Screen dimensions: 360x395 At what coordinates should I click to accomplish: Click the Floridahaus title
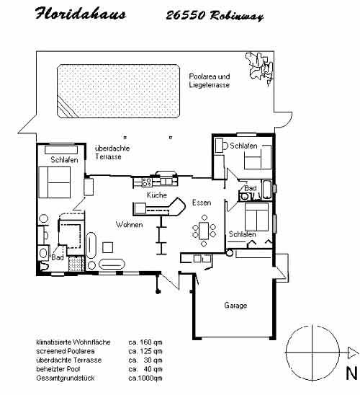[80, 14]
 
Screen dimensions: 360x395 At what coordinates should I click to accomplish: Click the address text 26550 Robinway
[215, 16]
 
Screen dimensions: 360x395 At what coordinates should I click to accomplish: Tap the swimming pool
[119, 91]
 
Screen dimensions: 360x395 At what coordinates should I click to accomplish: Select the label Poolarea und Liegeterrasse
[210, 81]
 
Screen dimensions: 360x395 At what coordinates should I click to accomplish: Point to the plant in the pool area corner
[260, 67]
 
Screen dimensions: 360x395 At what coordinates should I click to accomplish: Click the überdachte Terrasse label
[112, 152]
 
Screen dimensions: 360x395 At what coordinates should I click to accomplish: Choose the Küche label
[157, 195]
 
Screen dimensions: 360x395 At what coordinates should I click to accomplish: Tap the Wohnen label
[130, 224]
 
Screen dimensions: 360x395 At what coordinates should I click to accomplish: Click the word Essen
[202, 203]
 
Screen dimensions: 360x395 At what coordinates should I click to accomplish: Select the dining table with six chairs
[204, 231]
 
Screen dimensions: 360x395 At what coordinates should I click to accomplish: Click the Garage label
[235, 306]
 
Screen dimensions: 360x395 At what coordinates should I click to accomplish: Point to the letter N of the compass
[351, 373]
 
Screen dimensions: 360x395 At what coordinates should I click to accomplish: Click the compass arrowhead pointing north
[354, 352]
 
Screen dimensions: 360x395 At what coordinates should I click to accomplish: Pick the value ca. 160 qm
[145, 342]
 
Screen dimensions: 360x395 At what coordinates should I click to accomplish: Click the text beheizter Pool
[58, 369]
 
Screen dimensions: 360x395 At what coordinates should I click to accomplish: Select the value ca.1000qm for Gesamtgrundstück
[145, 378]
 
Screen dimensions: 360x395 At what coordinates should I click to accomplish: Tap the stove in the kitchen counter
[147, 182]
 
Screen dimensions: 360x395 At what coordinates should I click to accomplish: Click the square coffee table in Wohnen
[108, 247]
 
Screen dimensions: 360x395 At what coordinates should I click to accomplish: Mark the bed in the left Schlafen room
[54, 182]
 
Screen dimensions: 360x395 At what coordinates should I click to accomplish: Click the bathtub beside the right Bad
[266, 190]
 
